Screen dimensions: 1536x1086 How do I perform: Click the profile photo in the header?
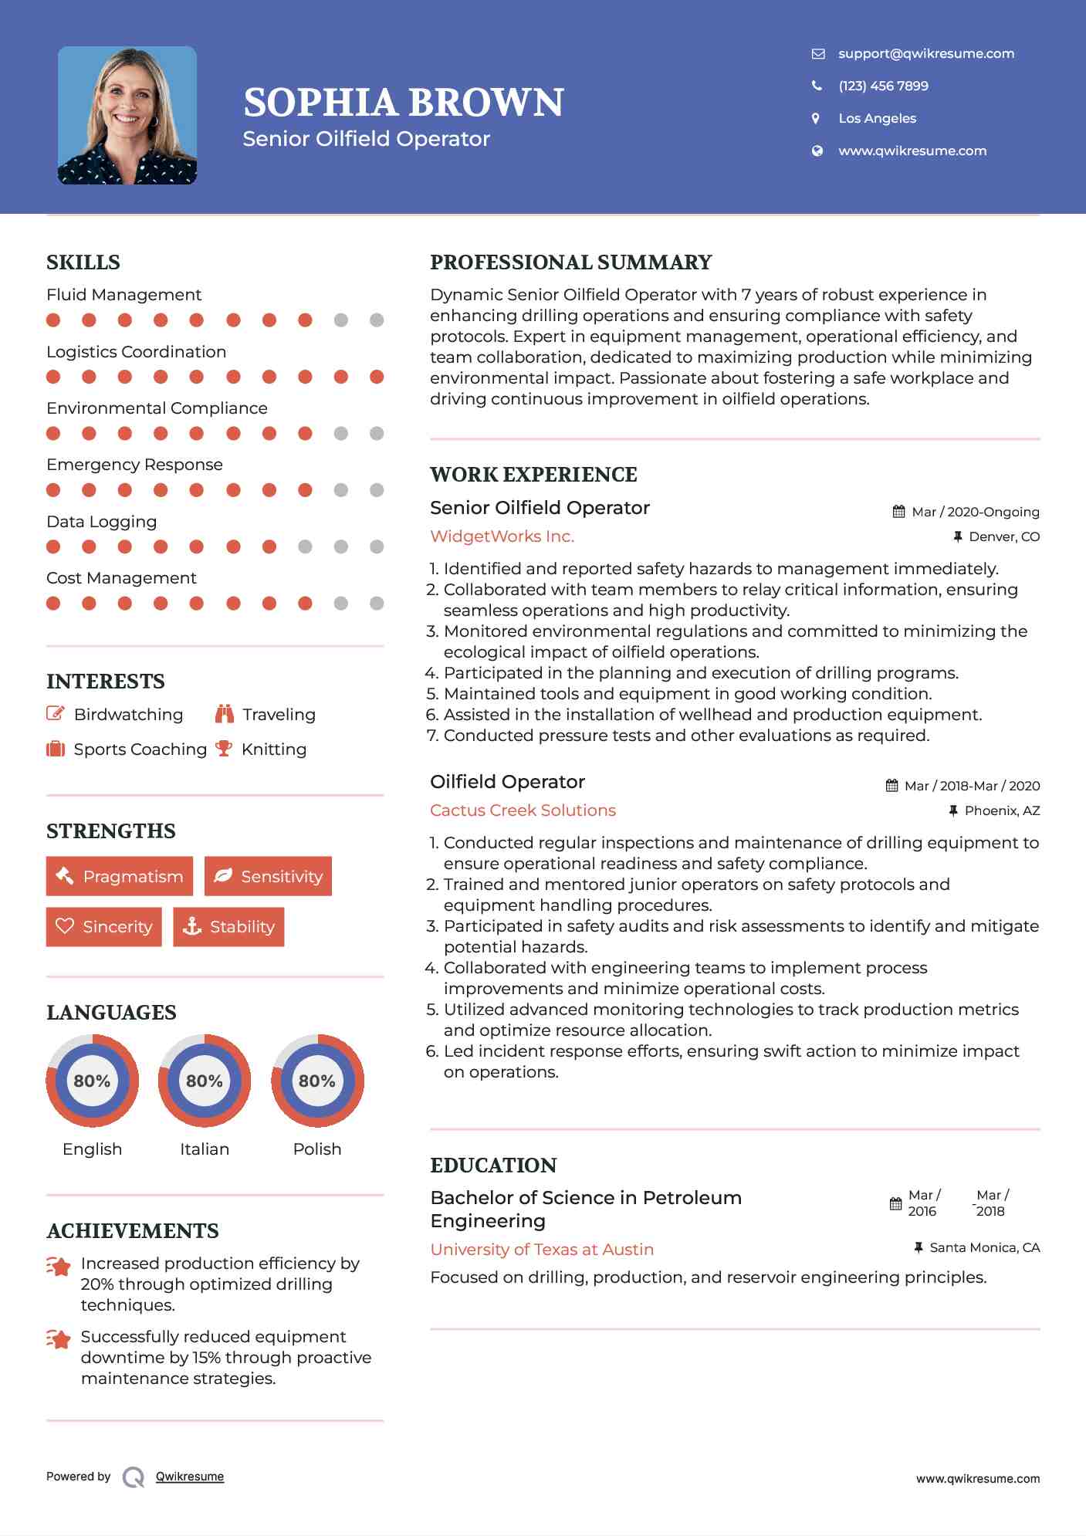(x=127, y=116)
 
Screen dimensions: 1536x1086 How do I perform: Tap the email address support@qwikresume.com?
(x=925, y=53)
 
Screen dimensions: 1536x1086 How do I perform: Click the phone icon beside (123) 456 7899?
(x=817, y=86)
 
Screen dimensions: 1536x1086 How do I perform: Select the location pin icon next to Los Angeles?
(x=816, y=118)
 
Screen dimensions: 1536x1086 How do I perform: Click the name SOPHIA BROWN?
(x=404, y=103)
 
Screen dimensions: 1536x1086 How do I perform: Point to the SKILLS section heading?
(x=83, y=262)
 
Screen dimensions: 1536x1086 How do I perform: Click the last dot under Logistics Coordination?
(x=377, y=377)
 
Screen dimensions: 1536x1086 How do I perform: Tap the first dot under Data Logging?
(x=53, y=546)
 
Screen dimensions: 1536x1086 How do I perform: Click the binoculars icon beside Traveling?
(x=225, y=714)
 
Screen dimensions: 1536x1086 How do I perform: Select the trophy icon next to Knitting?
(x=224, y=749)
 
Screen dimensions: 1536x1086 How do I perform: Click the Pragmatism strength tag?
(x=120, y=876)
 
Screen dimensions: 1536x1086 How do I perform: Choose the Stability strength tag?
(x=228, y=926)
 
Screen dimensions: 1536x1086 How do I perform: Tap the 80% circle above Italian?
(x=205, y=1081)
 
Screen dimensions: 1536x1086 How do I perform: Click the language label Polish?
(x=317, y=1149)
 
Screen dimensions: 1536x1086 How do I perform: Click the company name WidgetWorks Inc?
(x=502, y=536)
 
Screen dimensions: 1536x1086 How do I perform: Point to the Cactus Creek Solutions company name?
(x=523, y=810)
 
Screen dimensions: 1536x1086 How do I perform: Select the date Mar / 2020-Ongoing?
(x=975, y=512)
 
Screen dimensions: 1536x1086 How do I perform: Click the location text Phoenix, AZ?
(x=1002, y=810)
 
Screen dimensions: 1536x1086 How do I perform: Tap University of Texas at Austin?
(x=542, y=1249)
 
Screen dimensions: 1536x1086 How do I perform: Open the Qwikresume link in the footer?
(x=190, y=1477)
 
